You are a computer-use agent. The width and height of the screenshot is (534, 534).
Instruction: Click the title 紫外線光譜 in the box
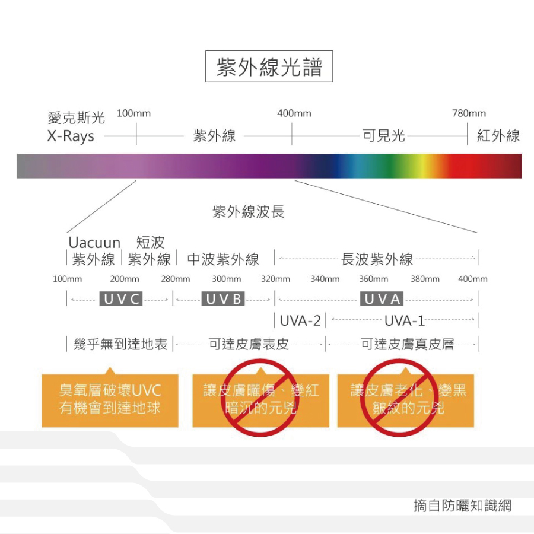[269, 66]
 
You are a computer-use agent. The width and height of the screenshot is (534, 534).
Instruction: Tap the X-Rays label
[71, 136]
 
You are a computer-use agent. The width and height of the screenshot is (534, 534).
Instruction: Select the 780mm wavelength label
[469, 113]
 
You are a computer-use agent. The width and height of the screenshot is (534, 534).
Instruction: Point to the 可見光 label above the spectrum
[383, 135]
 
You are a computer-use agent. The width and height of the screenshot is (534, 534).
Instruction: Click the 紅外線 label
[498, 135]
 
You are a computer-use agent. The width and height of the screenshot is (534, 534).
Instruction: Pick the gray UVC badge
[121, 298]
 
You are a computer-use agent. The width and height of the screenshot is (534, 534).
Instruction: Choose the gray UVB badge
[223, 298]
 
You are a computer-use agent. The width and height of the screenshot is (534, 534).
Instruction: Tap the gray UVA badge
[382, 298]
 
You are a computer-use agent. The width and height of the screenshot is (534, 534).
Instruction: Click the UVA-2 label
[300, 321]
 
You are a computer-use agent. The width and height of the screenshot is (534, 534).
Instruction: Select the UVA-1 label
[405, 321]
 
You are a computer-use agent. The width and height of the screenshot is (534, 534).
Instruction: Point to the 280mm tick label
[176, 279]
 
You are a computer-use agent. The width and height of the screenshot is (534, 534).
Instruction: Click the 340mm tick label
[325, 279]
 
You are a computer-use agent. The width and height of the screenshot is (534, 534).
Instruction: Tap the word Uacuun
[94, 243]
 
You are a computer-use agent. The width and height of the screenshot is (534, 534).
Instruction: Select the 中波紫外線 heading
[223, 259]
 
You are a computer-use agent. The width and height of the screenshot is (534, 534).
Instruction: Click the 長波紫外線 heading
[377, 259]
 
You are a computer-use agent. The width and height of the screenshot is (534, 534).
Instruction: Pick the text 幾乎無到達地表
[120, 344]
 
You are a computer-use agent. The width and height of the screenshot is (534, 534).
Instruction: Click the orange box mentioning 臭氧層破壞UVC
[110, 400]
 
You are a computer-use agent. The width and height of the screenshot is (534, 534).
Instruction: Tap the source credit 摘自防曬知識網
[462, 506]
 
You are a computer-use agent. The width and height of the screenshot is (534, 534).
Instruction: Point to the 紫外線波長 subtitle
[248, 211]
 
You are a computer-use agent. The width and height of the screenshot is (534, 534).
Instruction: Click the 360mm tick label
[374, 279]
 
